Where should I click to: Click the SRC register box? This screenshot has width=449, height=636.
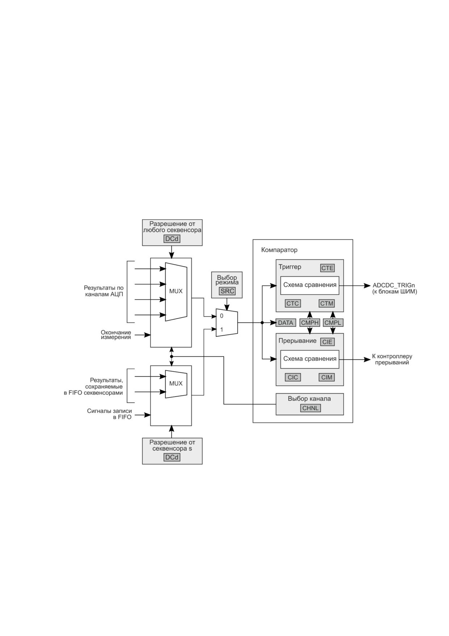click(227, 291)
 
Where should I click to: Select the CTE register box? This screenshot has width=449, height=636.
click(327, 268)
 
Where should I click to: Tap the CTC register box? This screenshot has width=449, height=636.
click(293, 303)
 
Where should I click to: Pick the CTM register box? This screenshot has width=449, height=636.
click(327, 303)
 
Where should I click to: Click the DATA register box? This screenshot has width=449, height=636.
click(286, 323)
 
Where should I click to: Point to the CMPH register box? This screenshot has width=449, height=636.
click(310, 323)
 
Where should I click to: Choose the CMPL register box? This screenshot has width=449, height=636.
click(333, 323)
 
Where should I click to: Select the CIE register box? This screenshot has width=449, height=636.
click(327, 342)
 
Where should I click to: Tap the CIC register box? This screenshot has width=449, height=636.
click(293, 377)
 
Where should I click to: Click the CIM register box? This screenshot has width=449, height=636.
click(327, 377)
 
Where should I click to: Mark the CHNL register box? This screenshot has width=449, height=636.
click(310, 408)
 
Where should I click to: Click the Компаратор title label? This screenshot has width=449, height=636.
click(279, 250)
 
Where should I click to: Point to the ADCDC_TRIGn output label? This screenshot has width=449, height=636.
click(394, 285)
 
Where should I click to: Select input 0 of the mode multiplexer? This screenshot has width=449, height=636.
click(222, 316)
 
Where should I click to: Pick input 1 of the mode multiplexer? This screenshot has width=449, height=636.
click(222, 330)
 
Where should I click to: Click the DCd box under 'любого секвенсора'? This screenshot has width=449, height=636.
click(172, 239)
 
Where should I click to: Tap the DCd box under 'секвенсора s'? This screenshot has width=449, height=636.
click(172, 457)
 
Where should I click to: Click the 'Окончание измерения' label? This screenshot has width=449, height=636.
click(116, 335)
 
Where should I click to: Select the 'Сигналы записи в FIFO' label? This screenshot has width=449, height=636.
click(109, 414)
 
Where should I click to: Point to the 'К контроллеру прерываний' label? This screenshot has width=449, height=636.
click(392, 359)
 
